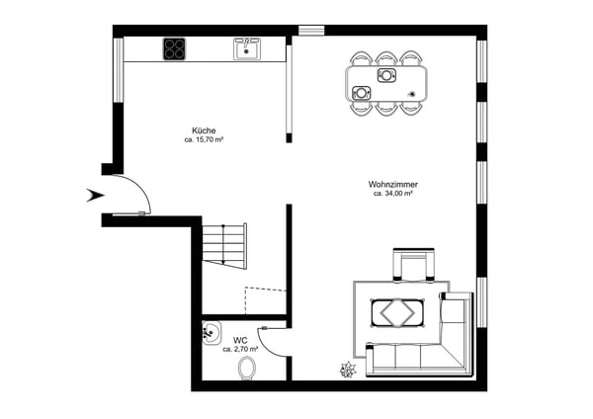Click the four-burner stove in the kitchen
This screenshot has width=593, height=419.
tap(174, 48)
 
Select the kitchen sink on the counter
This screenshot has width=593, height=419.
tap(246, 48)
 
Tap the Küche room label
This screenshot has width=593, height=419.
tap(204, 130)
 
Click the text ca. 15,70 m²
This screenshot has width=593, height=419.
tap(204, 139)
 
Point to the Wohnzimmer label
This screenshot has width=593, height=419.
tap(393, 185)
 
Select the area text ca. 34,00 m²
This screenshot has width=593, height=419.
tap(393, 194)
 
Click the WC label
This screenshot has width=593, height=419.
tap(240, 340)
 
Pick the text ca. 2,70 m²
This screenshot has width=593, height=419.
tap(240, 349)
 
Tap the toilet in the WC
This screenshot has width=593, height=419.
tap(246, 368)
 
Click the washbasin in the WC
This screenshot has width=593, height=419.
tap(212, 333)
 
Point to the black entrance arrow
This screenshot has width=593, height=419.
tap(95, 195)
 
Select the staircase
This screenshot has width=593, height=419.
tap(224, 246)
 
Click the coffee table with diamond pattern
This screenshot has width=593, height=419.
tap(397, 313)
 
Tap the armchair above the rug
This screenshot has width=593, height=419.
tap(413, 265)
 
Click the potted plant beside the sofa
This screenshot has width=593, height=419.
tap(348, 370)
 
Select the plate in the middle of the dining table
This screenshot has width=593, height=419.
tap(386, 75)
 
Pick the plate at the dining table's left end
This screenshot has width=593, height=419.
tap(361, 93)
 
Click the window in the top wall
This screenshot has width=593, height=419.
tap(311, 31)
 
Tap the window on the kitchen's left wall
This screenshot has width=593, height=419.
tap(119, 70)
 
